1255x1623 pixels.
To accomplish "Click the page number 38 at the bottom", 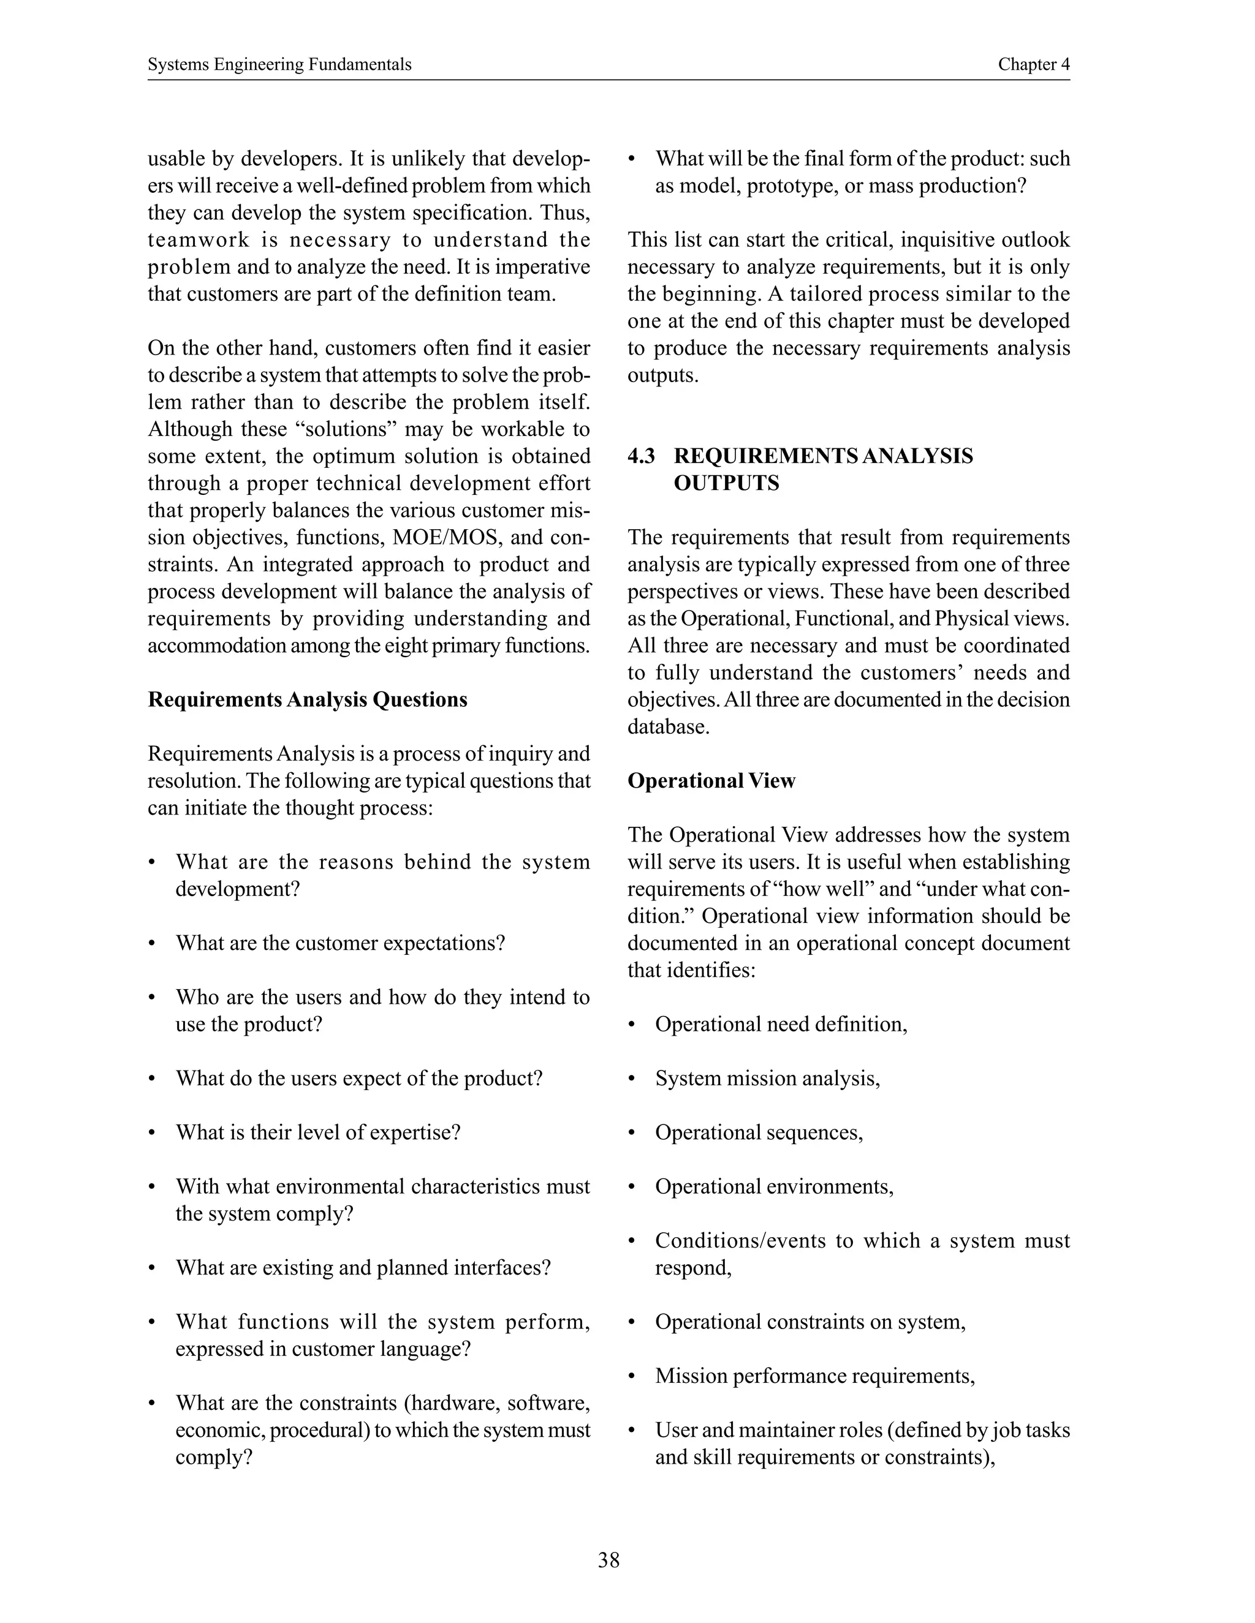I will pyautogui.click(x=608, y=1560).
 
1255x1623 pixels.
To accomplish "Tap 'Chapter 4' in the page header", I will pyautogui.click(x=1033, y=65).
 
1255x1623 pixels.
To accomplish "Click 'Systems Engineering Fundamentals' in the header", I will pyautogui.click(x=279, y=65).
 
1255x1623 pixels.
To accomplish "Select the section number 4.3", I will pyautogui.click(x=641, y=456).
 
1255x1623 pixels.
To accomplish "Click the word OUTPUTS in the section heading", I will pyautogui.click(x=726, y=484).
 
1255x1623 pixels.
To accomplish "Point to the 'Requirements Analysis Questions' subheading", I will pyautogui.click(x=307, y=700).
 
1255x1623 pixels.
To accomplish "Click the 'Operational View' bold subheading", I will pyautogui.click(x=711, y=781).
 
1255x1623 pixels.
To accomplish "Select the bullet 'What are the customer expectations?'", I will pyautogui.click(x=339, y=943).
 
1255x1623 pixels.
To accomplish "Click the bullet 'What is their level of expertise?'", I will pyautogui.click(x=317, y=1132).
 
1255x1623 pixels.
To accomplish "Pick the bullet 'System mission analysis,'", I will pyautogui.click(x=767, y=1079).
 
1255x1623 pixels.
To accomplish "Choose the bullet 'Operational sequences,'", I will pyautogui.click(x=759, y=1132).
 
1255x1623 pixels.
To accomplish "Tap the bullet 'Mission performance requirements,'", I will pyautogui.click(x=814, y=1376).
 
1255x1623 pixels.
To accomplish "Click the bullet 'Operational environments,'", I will pyautogui.click(x=773, y=1187).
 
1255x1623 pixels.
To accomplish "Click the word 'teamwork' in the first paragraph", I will pyautogui.click(x=197, y=240).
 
